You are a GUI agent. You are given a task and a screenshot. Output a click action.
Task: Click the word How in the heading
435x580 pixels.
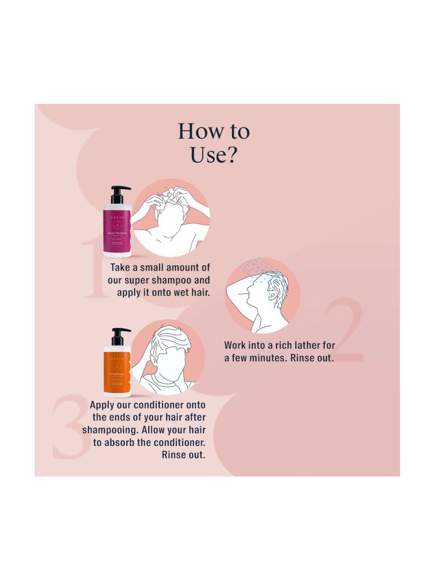tap(200, 131)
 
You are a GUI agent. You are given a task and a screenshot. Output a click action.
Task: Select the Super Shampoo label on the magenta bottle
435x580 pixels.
tap(117, 233)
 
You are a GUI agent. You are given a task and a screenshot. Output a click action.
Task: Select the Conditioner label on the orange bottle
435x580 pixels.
tap(117, 374)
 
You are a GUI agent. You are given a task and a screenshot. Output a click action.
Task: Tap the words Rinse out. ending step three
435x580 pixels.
tap(183, 455)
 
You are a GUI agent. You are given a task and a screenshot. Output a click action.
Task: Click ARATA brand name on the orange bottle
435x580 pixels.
tap(117, 359)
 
